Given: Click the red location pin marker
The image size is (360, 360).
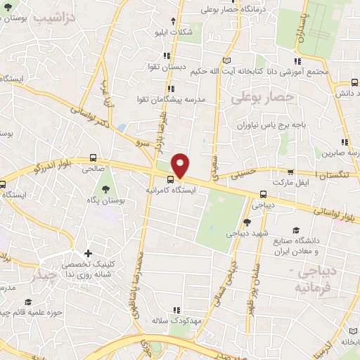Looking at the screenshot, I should point(181,165).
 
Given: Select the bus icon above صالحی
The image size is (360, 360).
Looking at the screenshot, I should point(94,158).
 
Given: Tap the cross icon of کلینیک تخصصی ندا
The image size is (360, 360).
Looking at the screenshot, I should point(87,253).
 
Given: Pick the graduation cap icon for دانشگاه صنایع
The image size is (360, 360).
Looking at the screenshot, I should point(296,231).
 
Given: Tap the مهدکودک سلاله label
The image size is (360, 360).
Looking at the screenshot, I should point(176,321).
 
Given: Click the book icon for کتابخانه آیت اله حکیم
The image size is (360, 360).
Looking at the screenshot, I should point(226,60).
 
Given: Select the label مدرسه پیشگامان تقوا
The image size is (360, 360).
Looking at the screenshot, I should point(172,99).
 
